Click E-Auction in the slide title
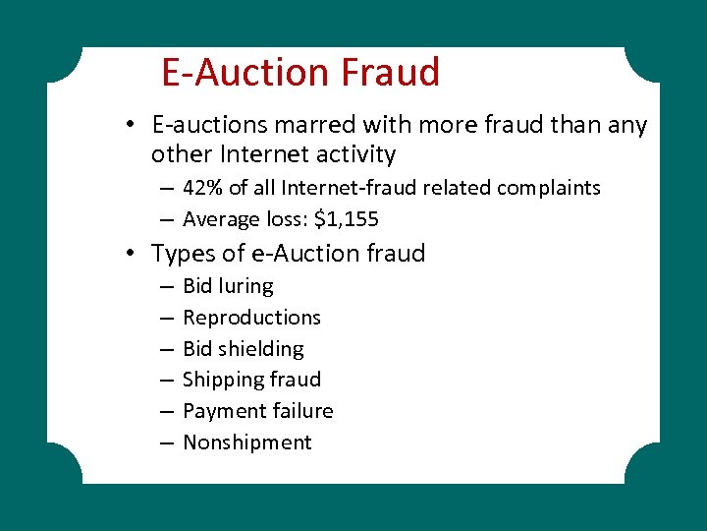[x=245, y=72]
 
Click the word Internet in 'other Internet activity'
[x=260, y=154]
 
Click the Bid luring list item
[x=228, y=286]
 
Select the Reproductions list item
[x=251, y=318]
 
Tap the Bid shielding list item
[x=244, y=349]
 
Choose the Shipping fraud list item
[x=251, y=380]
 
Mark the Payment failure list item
[x=257, y=411]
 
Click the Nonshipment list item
[x=246, y=442]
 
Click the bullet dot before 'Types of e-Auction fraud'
[x=131, y=254]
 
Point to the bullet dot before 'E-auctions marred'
[x=131, y=126]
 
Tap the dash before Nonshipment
[x=163, y=443]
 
